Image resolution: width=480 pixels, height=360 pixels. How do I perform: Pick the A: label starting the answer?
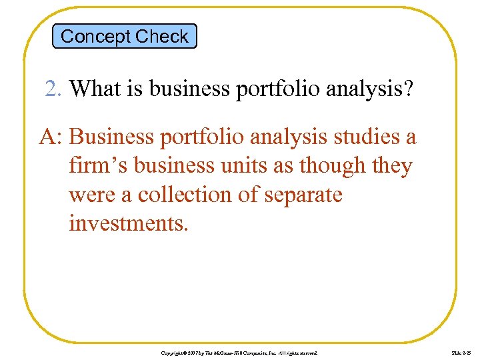point(51,137)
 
